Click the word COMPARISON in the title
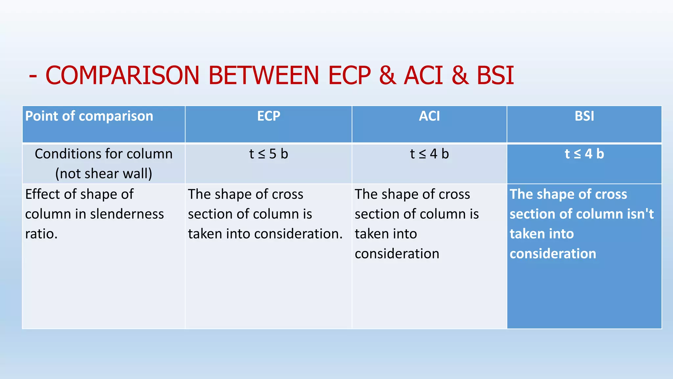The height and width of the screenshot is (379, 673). tap(122, 75)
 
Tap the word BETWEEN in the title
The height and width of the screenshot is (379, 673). tap(264, 75)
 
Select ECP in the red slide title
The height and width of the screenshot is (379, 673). tap(349, 75)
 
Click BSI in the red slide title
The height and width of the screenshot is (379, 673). tap(495, 75)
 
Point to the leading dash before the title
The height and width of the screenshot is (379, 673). tap(33, 76)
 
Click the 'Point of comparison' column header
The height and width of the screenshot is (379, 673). tap(89, 116)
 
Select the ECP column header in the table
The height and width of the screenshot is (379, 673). tap(268, 116)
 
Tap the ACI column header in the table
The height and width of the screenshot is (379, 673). tap(429, 116)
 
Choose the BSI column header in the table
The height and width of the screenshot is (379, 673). tap(584, 116)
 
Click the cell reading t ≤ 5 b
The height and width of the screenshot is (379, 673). tap(268, 154)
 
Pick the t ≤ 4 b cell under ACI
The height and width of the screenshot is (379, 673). tap(429, 154)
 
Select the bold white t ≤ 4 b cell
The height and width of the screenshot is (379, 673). tap(584, 154)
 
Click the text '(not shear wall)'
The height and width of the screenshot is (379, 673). tap(104, 174)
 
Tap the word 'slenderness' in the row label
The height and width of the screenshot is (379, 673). tap(127, 214)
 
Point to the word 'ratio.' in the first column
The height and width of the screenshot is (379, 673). tap(41, 234)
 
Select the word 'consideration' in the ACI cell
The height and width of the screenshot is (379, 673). tap(397, 254)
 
